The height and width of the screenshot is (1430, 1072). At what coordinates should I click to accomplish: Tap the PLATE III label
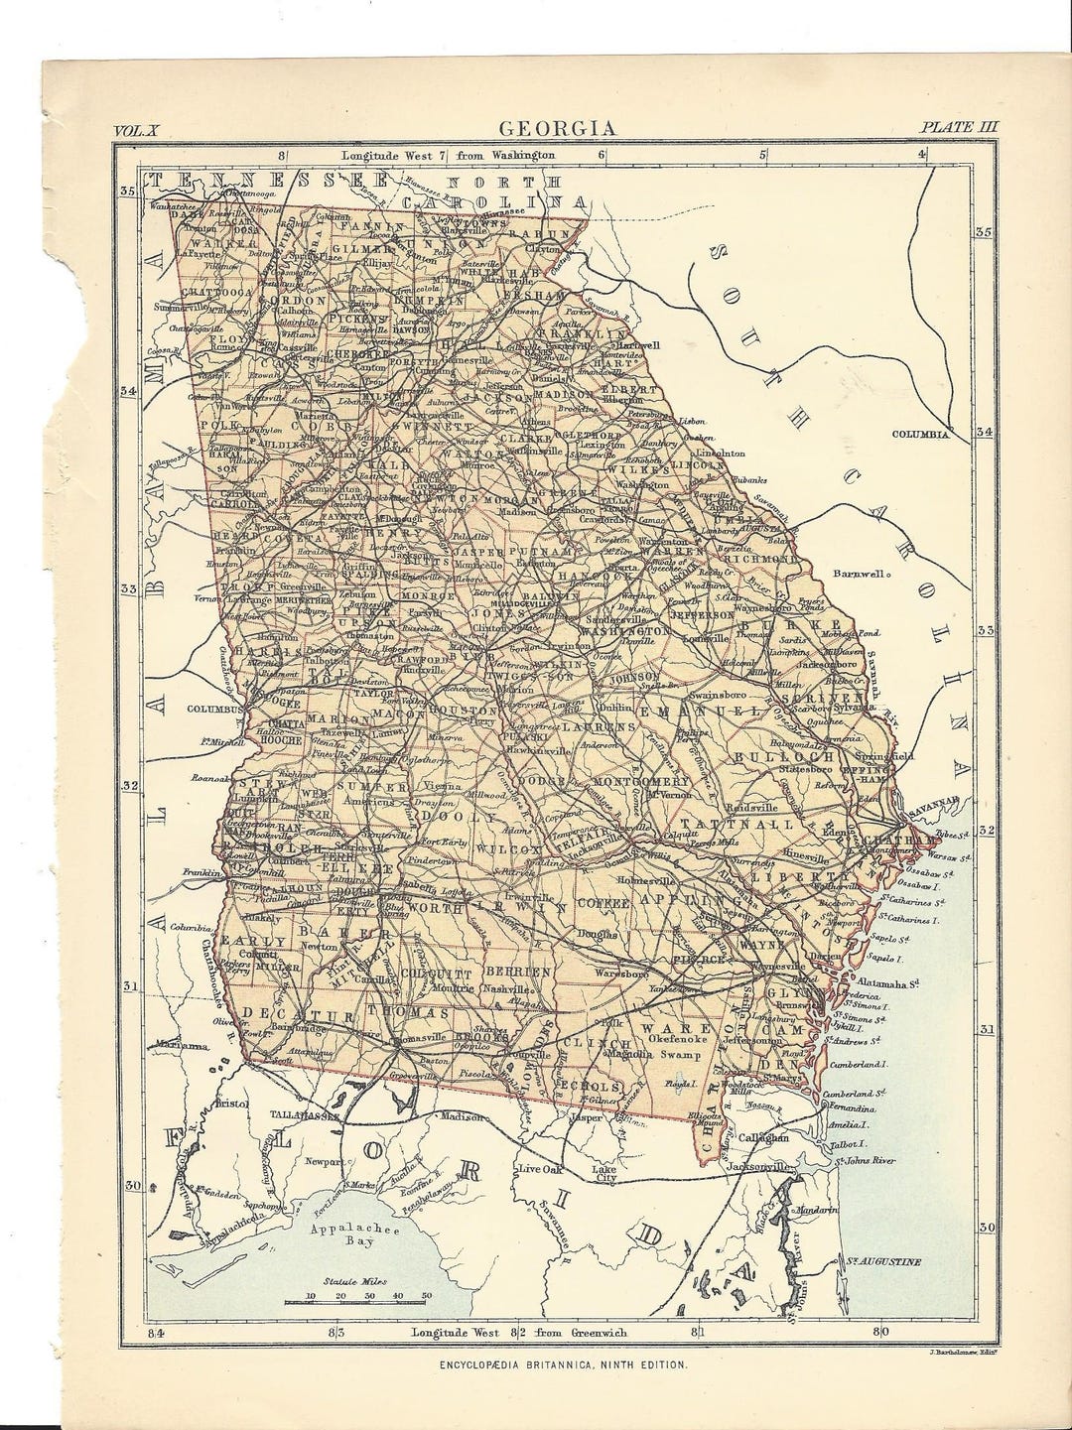(959, 127)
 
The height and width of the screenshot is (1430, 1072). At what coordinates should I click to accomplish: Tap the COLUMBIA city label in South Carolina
(922, 434)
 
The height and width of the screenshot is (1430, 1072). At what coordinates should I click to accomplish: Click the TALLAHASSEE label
(306, 1114)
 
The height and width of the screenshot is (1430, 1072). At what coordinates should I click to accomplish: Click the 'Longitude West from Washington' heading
(448, 156)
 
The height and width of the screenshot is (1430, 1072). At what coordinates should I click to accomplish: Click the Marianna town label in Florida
(182, 1045)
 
